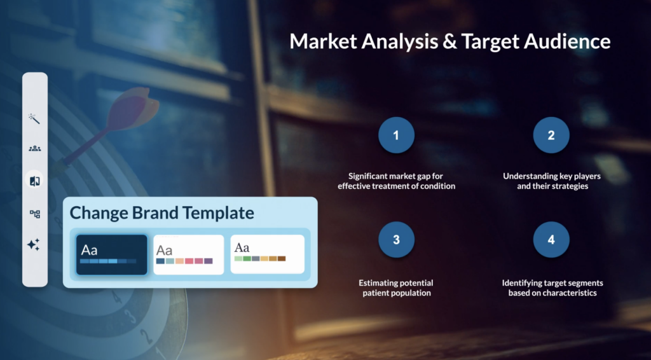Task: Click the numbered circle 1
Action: (x=396, y=135)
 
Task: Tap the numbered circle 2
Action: (x=551, y=135)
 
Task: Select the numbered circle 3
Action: (x=396, y=240)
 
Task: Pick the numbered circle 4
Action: (x=551, y=240)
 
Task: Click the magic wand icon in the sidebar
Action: (x=34, y=119)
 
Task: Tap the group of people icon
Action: (x=35, y=148)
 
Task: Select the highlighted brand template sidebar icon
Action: (x=34, y=181)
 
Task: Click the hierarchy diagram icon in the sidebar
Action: (x=35, y=214)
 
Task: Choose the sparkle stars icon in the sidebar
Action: (x=34, y=245)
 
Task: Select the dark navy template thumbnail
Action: (x=112, y=254)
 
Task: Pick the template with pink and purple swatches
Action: (x=188, y=254)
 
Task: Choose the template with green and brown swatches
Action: (x=268, y=254)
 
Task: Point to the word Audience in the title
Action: (x=568, y=41)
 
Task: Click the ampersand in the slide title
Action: (x=451, y=41)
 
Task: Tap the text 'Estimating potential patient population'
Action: (x=396, y=287)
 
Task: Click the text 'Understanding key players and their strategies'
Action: (x=552, y=181)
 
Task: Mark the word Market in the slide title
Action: (x=324, y=41)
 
